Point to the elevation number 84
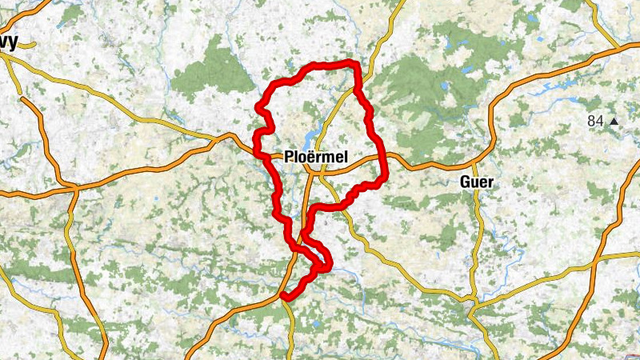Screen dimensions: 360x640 click(x=594, y=121)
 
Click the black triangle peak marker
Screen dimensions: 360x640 click(x=614, y=122)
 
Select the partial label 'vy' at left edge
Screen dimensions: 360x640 click(x=10, y=42)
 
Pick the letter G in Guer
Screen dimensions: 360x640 click(x=466, y=182)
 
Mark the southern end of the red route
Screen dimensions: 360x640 click(x=283, y=297)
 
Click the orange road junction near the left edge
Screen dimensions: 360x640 click(x=74, y=188)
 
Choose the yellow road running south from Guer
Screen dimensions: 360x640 click(x=478, y=240)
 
